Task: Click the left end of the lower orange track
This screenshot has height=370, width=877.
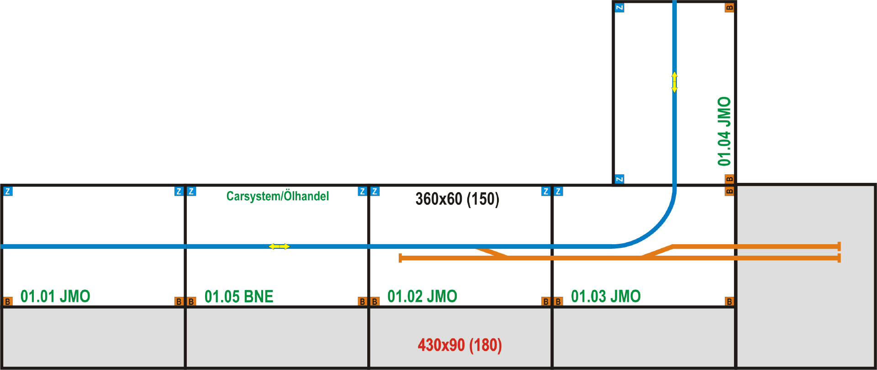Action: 400,258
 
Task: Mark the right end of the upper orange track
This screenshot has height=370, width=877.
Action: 839,247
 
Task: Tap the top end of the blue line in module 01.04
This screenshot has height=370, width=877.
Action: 675,1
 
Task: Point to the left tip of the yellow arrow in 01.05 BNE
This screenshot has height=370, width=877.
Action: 269,247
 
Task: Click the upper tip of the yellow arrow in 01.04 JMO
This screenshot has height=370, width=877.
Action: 675,72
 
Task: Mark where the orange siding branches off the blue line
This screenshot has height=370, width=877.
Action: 476,248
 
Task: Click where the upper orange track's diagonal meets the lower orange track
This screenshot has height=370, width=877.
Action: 641,257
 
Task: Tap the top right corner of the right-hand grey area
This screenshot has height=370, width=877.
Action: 875,184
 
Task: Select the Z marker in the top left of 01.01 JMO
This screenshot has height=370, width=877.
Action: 8,191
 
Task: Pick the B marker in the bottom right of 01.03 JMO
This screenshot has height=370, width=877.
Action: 729,301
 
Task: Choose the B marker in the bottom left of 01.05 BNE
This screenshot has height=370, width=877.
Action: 191,301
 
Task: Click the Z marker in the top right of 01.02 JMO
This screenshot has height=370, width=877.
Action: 546,191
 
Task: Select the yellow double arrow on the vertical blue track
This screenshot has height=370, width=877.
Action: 675,82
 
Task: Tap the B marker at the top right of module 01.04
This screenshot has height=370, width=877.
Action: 729,8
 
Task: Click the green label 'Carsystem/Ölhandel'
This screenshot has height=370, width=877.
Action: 278,196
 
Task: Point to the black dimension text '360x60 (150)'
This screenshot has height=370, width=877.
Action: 457,199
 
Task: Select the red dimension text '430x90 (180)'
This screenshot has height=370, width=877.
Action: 460,345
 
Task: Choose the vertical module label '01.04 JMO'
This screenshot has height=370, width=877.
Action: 724,131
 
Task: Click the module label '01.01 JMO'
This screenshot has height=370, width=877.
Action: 55,296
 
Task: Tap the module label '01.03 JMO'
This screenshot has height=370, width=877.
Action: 606,296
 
